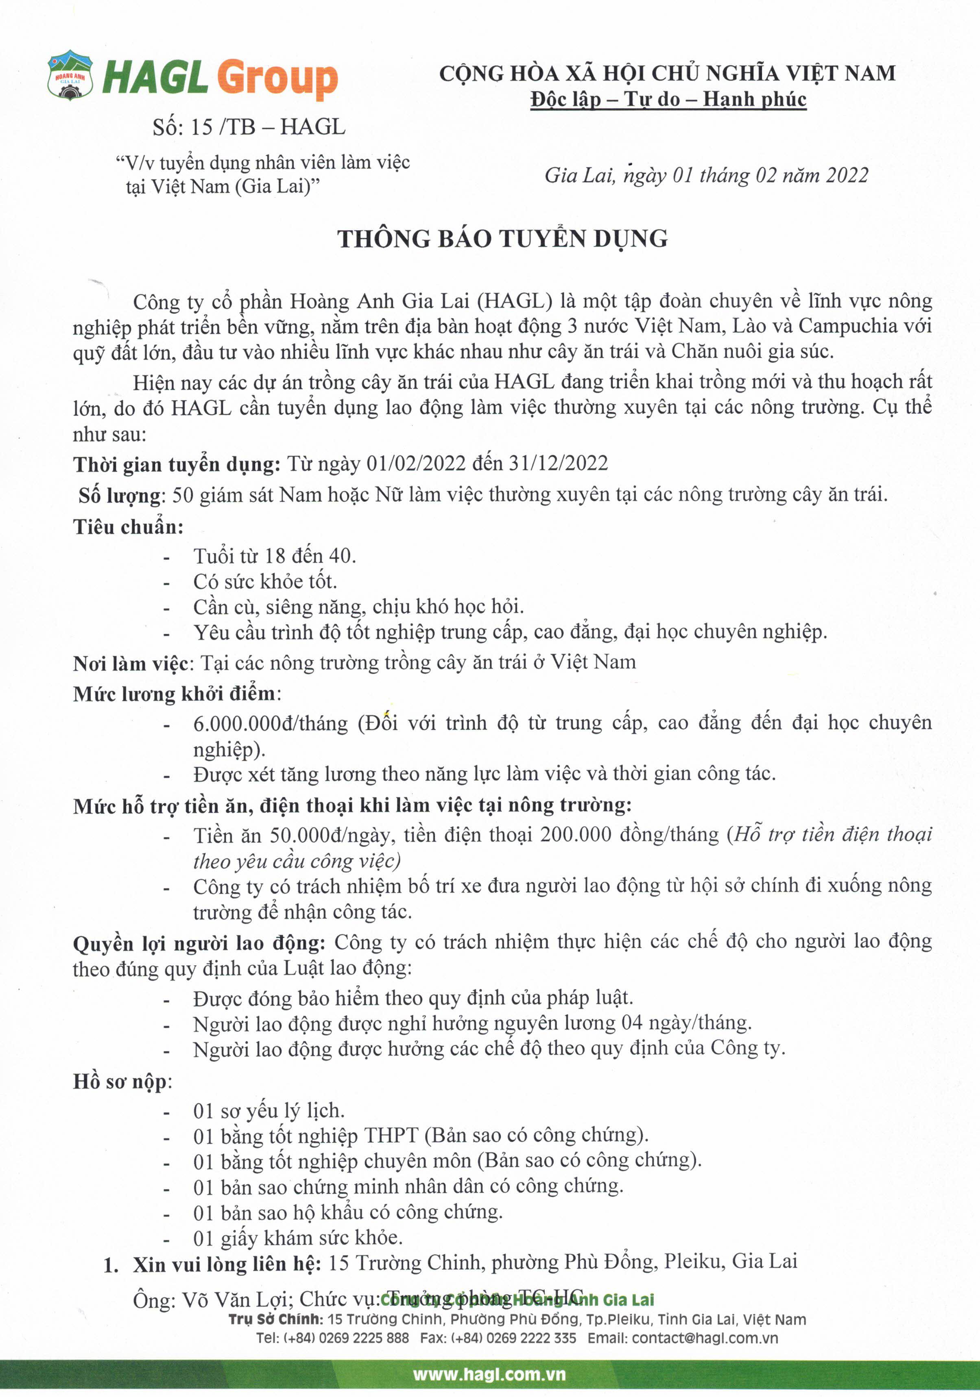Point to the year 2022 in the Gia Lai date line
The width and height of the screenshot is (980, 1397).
pyautogui.click(x=847, y=175)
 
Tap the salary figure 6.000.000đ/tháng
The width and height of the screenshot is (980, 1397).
pyautogui.click(x=270, y=723)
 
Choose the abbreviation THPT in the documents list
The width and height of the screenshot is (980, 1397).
pyautogui.click(x=391, y=1135)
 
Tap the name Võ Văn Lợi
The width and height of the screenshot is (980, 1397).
pyautogui.click(x=235, y=1300)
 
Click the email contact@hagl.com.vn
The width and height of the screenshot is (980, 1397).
pyautogui.click(x=705, y=1338)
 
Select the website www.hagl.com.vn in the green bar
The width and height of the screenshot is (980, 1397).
pyautogui.click(x=489, y=1375)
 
